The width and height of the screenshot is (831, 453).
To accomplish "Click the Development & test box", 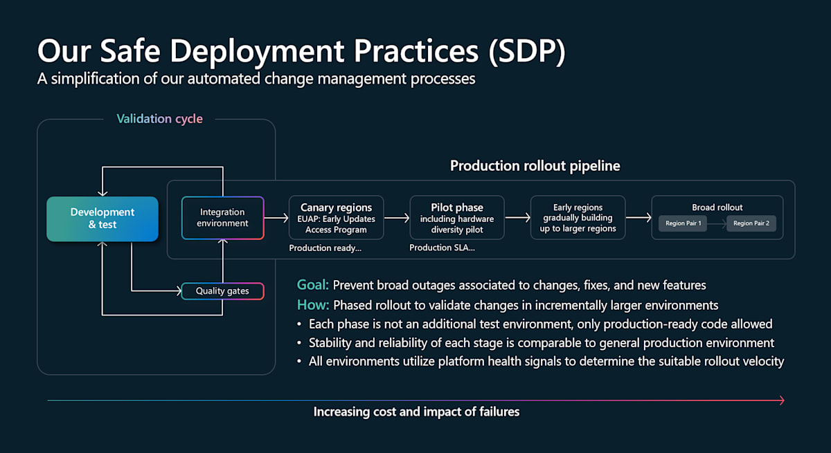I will click(102, 219).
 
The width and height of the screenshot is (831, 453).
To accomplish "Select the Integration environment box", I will click(222, 218).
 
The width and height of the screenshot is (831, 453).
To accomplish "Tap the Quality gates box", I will click(222, 291).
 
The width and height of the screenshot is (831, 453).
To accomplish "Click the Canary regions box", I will click(336, 218).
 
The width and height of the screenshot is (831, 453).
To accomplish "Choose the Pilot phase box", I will click(457, 218).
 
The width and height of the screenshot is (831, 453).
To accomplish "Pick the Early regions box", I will click(578, 218).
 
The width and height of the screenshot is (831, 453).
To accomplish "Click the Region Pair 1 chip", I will click(683, 223).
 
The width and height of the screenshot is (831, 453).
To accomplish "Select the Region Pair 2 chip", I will click(751, 223).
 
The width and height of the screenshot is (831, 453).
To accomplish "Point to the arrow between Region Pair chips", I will click(717, 223).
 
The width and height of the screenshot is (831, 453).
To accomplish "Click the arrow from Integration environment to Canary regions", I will click(276, 218).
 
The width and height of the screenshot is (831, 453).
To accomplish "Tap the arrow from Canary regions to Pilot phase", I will click(397, 218).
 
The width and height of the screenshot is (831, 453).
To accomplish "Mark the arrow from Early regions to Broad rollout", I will click(638, 218).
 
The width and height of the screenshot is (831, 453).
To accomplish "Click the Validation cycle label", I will click(159, 119).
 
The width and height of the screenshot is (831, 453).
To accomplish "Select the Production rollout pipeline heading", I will click(535, 166).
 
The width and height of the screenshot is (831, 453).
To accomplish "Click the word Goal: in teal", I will click(313, 285).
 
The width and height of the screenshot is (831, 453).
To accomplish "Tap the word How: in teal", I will click(313, 305).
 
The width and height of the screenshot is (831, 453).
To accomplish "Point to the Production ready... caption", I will click(325, 248).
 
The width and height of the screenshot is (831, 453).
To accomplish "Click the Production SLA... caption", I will click(442, 248).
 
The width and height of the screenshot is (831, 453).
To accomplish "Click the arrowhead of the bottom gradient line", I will click(781, 400).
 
